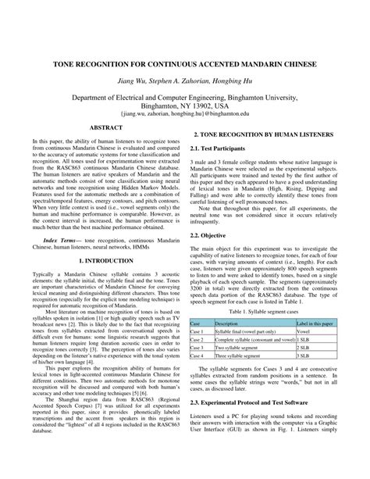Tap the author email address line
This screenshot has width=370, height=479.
pos(185,113)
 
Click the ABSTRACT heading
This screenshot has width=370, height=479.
pos(103,127)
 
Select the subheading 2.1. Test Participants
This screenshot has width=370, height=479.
pos(222,148)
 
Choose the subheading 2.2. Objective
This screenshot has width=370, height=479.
pos(212,235)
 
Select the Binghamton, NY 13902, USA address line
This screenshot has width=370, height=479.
pos(185,105)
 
